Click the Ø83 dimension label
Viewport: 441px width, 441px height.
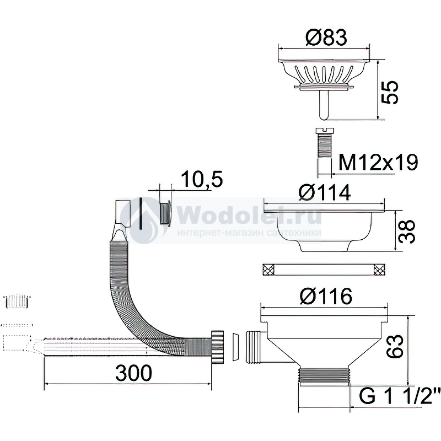(x=326, y=37)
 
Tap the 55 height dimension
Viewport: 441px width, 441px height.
(x=391, y=92)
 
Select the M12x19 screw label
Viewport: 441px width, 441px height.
(x=378, y=162)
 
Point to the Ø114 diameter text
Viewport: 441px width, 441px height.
(x=325, y=192)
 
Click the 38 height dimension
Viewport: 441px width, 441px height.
(x=407, y=231)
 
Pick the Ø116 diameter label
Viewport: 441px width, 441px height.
(x=326, y=296)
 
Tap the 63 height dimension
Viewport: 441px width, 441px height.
(x=396, y=346)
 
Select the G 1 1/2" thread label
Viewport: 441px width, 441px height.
(x=396, y=396)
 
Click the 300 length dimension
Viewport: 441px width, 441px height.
(x=134, y=373)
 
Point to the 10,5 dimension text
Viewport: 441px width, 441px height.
(x=202, y=179)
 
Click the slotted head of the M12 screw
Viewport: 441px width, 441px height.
(x=324, y=130)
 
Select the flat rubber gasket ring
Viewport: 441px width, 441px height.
(x=324, y=270)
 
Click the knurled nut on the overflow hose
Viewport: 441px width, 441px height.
(x=217, y=347)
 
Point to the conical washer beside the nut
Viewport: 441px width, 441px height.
(x=235, y=347)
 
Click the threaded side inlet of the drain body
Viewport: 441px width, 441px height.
(x=254, y=347)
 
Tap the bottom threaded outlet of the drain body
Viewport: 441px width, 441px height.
(x=324, y=376)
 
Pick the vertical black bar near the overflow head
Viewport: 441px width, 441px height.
(x=141, y=213)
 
